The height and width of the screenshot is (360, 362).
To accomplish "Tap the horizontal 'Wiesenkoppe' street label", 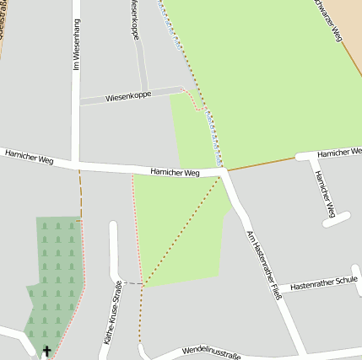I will point(128,97).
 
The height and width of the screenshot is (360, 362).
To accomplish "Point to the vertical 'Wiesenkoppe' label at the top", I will point(134,19).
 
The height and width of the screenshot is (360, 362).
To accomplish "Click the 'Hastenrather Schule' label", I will point(323,285).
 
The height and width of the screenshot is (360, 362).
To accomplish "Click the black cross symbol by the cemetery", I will point(46,350).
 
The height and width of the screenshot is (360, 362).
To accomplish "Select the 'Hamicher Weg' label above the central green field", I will point(175,172).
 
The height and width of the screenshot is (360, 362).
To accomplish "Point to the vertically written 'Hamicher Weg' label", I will point(325,191).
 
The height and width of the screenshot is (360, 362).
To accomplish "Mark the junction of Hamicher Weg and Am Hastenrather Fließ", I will point(225,170).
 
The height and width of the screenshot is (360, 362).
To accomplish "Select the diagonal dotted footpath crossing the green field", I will point(184,229).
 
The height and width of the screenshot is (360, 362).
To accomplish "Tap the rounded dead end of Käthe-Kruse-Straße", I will point(114,226).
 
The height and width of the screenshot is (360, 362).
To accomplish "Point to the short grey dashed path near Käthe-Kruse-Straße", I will point(132,283).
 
